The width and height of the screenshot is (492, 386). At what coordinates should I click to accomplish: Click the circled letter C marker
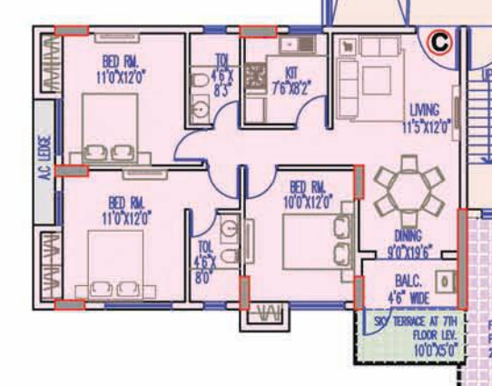tap(439, 41)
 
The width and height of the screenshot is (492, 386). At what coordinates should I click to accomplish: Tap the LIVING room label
tap(424, 111)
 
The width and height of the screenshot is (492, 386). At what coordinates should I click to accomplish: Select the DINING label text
tap(408, 234)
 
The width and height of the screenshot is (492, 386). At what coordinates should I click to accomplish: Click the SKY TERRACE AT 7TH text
tap(417, 322)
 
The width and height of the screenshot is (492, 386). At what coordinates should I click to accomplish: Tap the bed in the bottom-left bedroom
tap(113, 264)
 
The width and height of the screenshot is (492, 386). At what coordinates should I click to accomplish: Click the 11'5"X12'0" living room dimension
tap(427, 128)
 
